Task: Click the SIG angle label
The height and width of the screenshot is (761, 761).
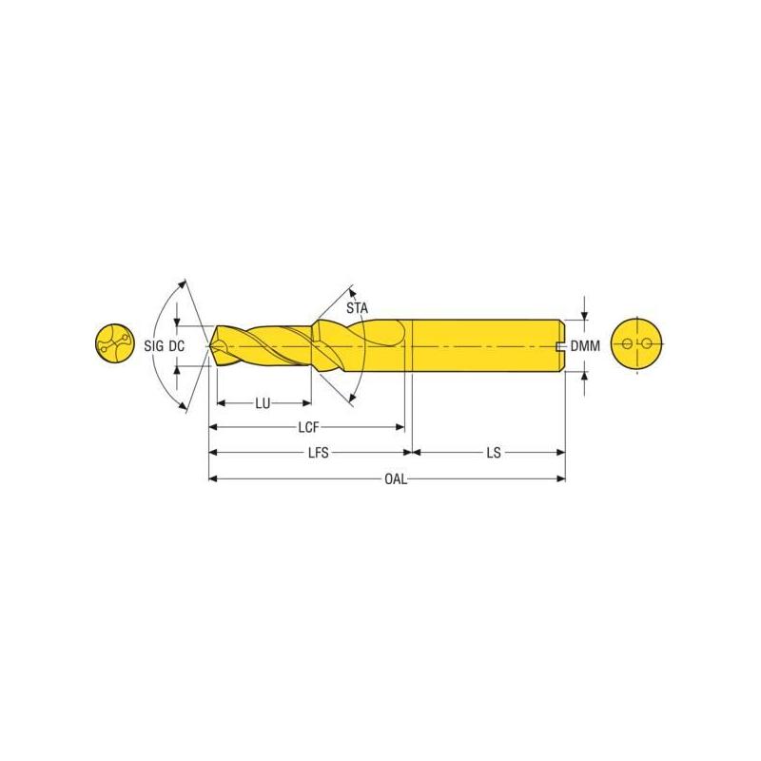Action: click(154, 347)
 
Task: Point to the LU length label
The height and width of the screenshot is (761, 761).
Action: click(263, 403)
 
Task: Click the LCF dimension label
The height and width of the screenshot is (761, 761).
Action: click(305, 428)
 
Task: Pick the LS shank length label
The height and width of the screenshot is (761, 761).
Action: click(493, 454)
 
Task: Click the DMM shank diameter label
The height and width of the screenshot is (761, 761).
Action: click(585, 347)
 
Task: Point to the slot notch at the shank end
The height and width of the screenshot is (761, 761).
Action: click(561, 345)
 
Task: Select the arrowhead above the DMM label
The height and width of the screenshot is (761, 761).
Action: click(585, 315)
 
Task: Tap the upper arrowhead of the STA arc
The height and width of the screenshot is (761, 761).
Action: click(353, 290)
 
